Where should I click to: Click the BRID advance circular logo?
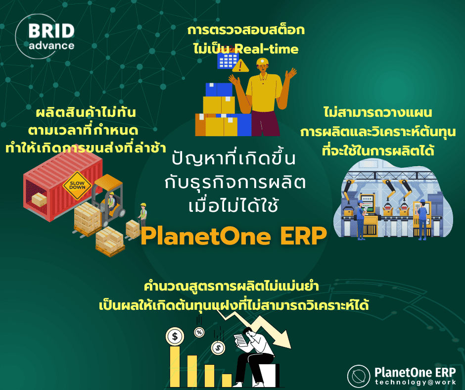pyautogui.click(x=45, y=37)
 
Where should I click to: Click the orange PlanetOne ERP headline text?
pyautogui.click(x=233, y=236)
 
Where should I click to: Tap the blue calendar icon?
pyautogui.click(x=228, y=61)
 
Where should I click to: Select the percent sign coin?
pyautogui.click(x=199, y=332)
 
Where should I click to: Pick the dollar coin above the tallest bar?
pyautogui.click(x=175, y=337)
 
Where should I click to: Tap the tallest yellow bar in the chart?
pyautogui.click(x=175, y=366)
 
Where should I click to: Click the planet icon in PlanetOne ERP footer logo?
pyautogui.click(x=359, y=376)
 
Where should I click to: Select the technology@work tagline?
pyautogui.click(x=415, y=382)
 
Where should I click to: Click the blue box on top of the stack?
pyautogui.click(x=218, y=90)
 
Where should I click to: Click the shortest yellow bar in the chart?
pyautogui.click(x=227, y=380)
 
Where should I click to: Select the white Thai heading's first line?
pyautogui.click(x=233, y=159)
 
